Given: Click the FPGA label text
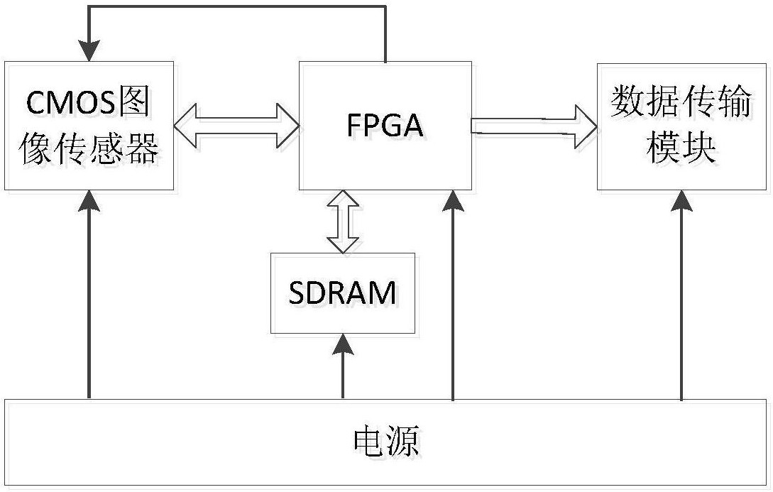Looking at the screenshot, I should tap(385, 125).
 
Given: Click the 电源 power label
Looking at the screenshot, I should tap(386, 442).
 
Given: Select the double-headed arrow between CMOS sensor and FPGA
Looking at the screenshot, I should tap(236, 126).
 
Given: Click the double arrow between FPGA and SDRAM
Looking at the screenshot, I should tap(343, 222).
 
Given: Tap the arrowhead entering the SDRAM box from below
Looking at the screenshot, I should tap(343, 345).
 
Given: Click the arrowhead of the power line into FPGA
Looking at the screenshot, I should tap(452, 202).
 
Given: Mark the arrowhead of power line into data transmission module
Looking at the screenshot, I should tap(681, 202).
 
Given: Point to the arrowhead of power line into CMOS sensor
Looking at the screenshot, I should tap(89, 202).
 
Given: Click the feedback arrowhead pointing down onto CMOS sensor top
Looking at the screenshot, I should tap(89, 50).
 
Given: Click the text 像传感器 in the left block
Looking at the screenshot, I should tap(89, 150).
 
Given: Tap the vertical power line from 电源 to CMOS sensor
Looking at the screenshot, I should tap(89, 305).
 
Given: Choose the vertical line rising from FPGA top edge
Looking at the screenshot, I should tap(385, 34).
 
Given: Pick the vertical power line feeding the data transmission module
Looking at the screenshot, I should tap(681, 305).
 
